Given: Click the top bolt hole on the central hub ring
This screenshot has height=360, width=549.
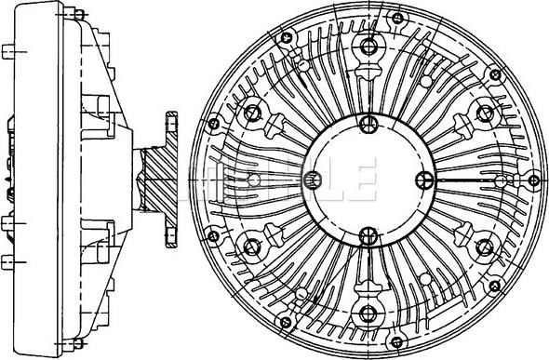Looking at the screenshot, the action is coord(368,123).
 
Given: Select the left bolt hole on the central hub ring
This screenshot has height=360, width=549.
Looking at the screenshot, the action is coord(313,180).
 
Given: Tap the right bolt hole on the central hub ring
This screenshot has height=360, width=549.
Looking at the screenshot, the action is coord(424,180).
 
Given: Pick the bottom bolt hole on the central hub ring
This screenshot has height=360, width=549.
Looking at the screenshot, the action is coord(368,235).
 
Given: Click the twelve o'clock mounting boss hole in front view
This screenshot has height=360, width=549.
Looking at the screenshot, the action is coord(368,46).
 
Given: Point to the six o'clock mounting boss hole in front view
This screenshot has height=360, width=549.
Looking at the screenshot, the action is coord(368,313).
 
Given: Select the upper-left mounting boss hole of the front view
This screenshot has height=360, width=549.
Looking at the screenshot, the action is coord(252,113).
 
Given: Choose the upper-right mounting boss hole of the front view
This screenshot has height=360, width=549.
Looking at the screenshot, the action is coord(485,113).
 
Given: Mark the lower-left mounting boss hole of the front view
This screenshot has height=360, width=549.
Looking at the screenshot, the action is coord(251,247).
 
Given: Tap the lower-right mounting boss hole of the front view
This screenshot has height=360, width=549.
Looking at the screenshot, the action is coord(485,247).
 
